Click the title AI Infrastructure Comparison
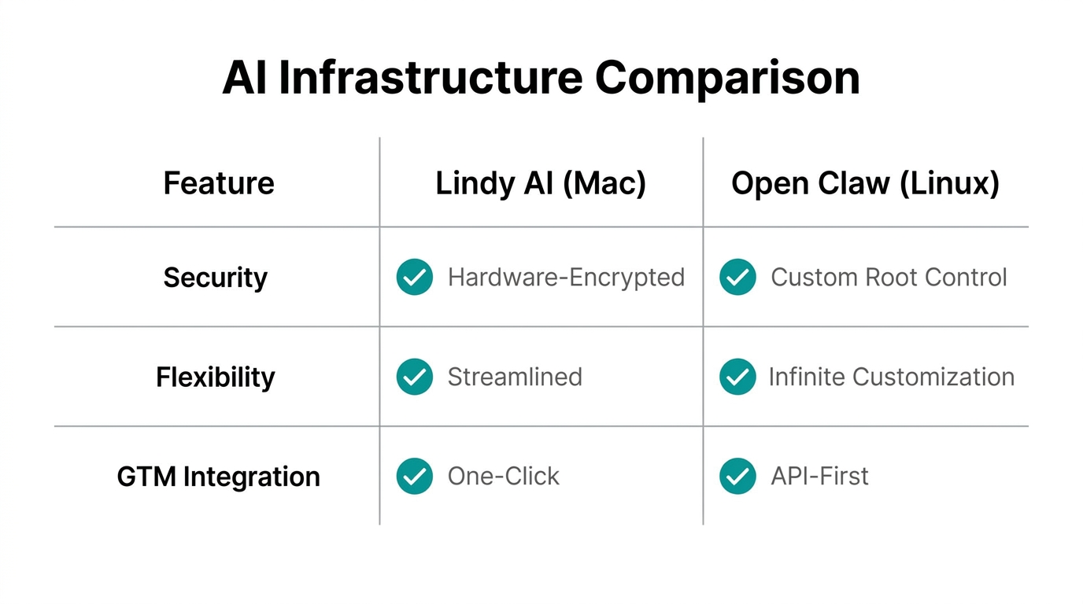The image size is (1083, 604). (541, 78)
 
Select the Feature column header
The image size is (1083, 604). (219, 183)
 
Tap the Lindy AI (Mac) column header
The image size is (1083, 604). (541, 183)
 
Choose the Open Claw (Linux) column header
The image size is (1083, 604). (865, 183)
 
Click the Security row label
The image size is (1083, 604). (216, 278)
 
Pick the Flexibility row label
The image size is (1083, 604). (216, 377)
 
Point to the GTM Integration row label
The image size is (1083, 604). (218, 477)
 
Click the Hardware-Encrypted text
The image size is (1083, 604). (566, 278)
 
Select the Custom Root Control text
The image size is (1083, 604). (889, 278)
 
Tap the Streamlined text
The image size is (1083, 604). (515, 377)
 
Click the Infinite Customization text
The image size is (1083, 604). (891, 377)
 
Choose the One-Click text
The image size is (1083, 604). (504, 477)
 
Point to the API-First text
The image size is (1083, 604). (819, 477)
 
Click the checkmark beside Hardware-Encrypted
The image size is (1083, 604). (415, 278)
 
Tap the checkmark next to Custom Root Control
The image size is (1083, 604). (737, 278)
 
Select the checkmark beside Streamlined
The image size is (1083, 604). (415, 377)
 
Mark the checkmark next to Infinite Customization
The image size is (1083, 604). (737, 377)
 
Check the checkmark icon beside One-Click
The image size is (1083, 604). (415, 477)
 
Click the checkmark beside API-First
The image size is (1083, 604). (737, 477)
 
